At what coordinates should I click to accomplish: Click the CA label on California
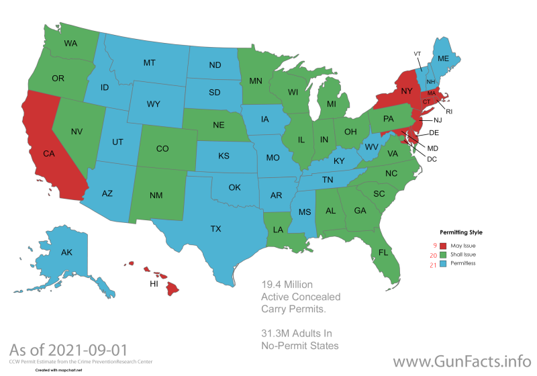point(48,154)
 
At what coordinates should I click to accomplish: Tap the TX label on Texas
point(215,229)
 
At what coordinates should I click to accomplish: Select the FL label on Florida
point(383,253)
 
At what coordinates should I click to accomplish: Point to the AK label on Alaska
point(66,253)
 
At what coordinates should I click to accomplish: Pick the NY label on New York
point(407,91)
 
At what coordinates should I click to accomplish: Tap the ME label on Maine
point(443,59)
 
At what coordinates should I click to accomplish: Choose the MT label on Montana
point(150,62)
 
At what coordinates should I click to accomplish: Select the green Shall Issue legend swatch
point(442,255)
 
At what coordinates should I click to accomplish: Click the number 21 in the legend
point(433,265)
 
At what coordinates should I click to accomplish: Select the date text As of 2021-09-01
point(68,350)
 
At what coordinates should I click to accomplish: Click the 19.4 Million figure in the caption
point(287,284)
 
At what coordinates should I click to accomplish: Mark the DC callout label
point(432,158)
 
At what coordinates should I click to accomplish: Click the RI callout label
point(449,111)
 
